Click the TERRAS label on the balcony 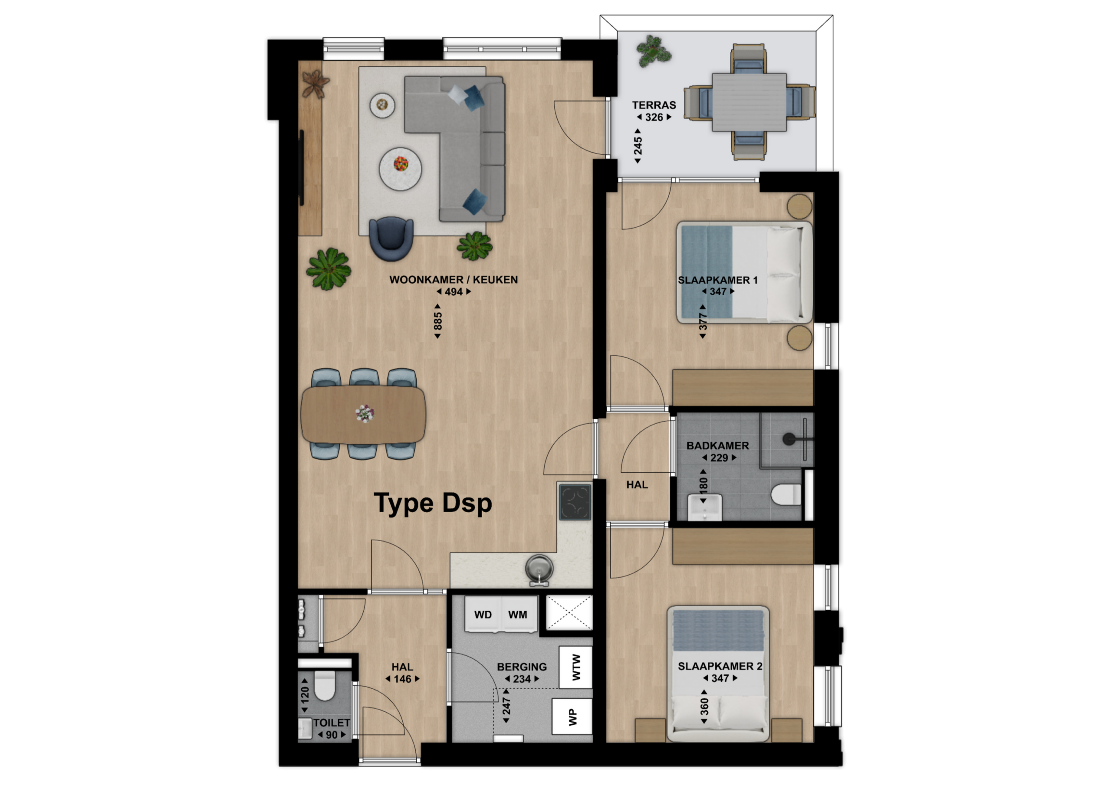point(654,105)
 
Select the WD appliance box point(483,614)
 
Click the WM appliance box point(518,614)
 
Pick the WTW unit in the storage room point(576,667)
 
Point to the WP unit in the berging point(572,717)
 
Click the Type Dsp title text point(433,504)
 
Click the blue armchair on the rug point(391,238)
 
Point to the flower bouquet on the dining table point(365,413)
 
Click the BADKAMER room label point(718,445)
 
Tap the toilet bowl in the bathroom point(786,495)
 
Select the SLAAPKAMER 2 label point(720,666)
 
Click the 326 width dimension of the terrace point(654,117)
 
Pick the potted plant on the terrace point(654,50)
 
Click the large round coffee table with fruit point(400,169)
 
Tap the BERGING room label point(522,667)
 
